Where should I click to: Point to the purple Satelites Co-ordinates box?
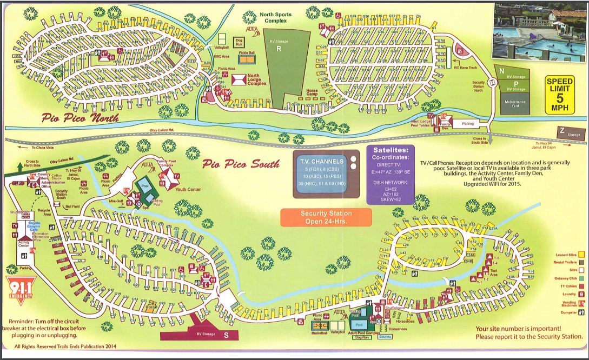coord(391,174)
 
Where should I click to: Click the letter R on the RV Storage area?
coord(279,48)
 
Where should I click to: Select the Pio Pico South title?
coord(241,163)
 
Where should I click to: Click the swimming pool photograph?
coord(539,33)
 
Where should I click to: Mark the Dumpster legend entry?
coord(567,312)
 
